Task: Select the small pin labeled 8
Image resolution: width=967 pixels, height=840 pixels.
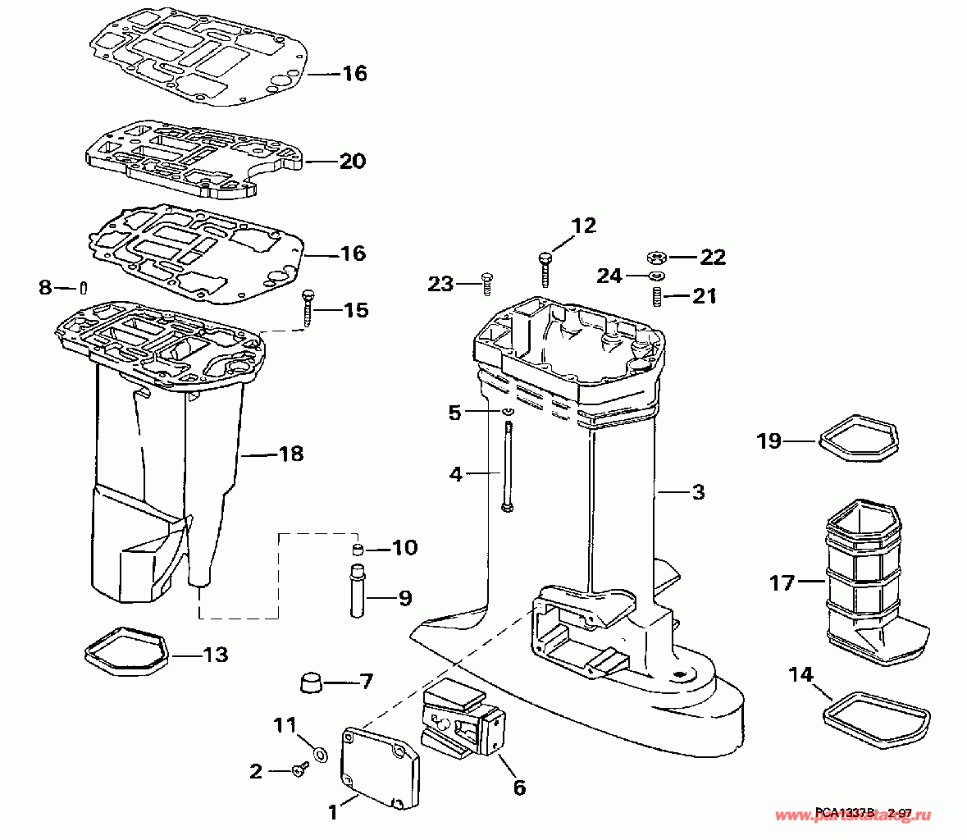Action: (x=84, y=287)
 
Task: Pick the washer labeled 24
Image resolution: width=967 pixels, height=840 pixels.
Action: (x=657, y=276)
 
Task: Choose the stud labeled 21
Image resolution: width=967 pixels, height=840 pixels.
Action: (x=657, y=296)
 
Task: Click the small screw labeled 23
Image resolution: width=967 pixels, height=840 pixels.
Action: (x=485, y=284)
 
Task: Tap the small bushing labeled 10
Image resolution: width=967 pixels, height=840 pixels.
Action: (x=358, y=548)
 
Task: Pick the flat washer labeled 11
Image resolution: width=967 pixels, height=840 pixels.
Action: (x=319, y=751)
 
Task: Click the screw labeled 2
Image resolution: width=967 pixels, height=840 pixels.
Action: (x=299, y=769)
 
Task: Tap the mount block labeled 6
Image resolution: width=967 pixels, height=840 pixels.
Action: (x=463, y=722)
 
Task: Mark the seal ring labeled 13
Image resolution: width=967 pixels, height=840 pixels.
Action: (x=126, y=651)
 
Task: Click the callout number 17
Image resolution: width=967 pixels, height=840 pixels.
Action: (x=782, y=583)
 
